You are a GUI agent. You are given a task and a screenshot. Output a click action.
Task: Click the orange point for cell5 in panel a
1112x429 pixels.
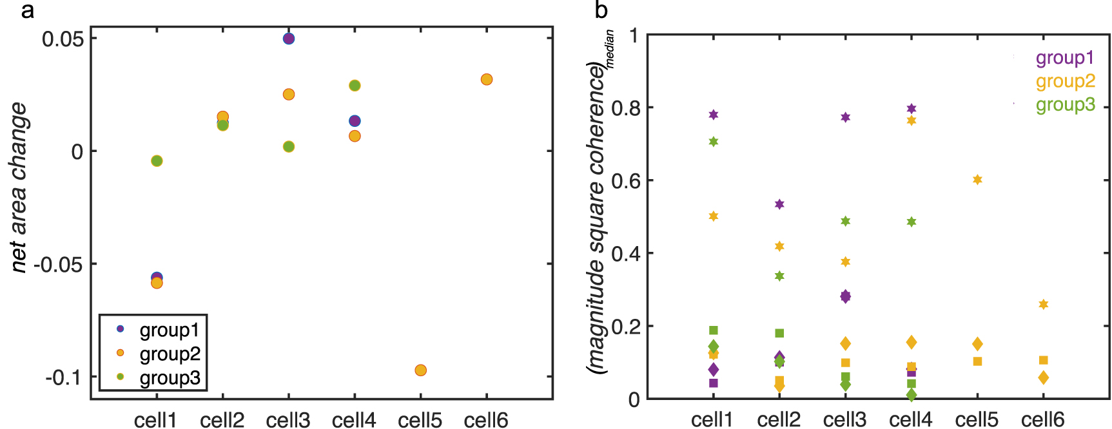[420, 370]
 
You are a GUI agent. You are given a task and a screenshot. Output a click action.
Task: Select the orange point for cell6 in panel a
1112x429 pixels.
[487, 80]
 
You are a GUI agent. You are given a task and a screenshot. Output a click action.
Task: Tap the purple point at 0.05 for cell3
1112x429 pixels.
[289, 39]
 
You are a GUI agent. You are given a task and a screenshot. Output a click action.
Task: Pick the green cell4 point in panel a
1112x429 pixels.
[355, 86]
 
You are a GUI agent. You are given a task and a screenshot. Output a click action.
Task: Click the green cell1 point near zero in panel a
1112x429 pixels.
[157, 161]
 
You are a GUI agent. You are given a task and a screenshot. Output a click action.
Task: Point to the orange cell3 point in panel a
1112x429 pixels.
[289, 95]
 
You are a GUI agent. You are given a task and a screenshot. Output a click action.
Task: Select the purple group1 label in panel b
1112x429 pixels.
[1065, 58]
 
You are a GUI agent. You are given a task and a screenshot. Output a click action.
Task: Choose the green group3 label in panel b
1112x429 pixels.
[1065, 104]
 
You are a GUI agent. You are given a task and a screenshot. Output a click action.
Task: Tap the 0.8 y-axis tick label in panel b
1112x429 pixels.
[625, 108]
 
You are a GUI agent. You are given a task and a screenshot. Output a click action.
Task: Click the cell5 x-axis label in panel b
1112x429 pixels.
[977, 419]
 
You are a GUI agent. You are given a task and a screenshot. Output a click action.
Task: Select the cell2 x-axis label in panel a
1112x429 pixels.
[222, 420]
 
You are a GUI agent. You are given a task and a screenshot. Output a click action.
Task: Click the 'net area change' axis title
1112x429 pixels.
[19, 187]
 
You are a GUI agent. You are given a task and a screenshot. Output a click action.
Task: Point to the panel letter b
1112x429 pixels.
[601, 11]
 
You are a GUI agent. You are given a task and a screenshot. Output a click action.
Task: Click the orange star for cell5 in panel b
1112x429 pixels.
[977, 180]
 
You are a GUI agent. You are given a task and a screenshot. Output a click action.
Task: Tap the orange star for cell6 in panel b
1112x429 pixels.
[1044, 305]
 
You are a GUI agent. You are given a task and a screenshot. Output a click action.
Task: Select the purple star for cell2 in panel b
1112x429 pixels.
[779, 204]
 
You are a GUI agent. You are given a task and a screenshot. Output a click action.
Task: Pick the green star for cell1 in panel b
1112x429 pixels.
[714, 142]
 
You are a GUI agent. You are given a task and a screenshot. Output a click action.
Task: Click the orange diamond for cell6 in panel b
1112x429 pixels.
[1044, 378]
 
